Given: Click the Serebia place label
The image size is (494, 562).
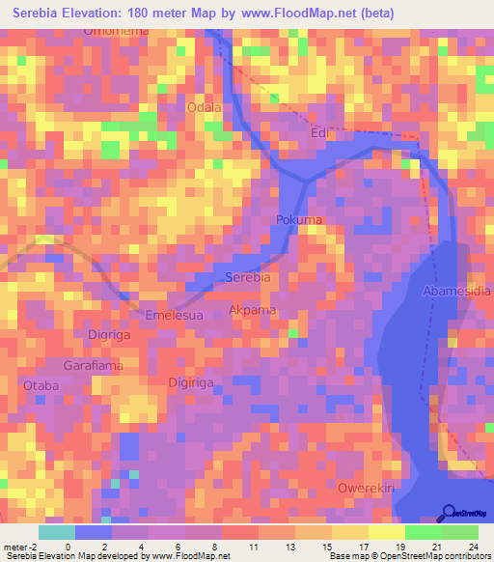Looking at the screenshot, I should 247,277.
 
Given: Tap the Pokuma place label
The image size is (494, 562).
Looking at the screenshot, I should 299,220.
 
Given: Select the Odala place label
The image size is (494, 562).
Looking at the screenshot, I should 204,107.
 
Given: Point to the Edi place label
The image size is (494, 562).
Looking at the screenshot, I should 320,134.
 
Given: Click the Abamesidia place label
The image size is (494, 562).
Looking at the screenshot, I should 456,290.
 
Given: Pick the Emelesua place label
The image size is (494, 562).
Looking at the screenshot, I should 173,315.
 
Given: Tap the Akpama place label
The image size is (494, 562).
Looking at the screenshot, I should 252,311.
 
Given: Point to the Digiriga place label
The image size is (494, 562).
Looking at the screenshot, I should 193,382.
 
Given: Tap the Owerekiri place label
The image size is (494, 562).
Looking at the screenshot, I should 367,489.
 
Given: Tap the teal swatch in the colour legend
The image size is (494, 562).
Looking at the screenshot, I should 56,532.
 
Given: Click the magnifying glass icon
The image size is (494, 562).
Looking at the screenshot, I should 449,513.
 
